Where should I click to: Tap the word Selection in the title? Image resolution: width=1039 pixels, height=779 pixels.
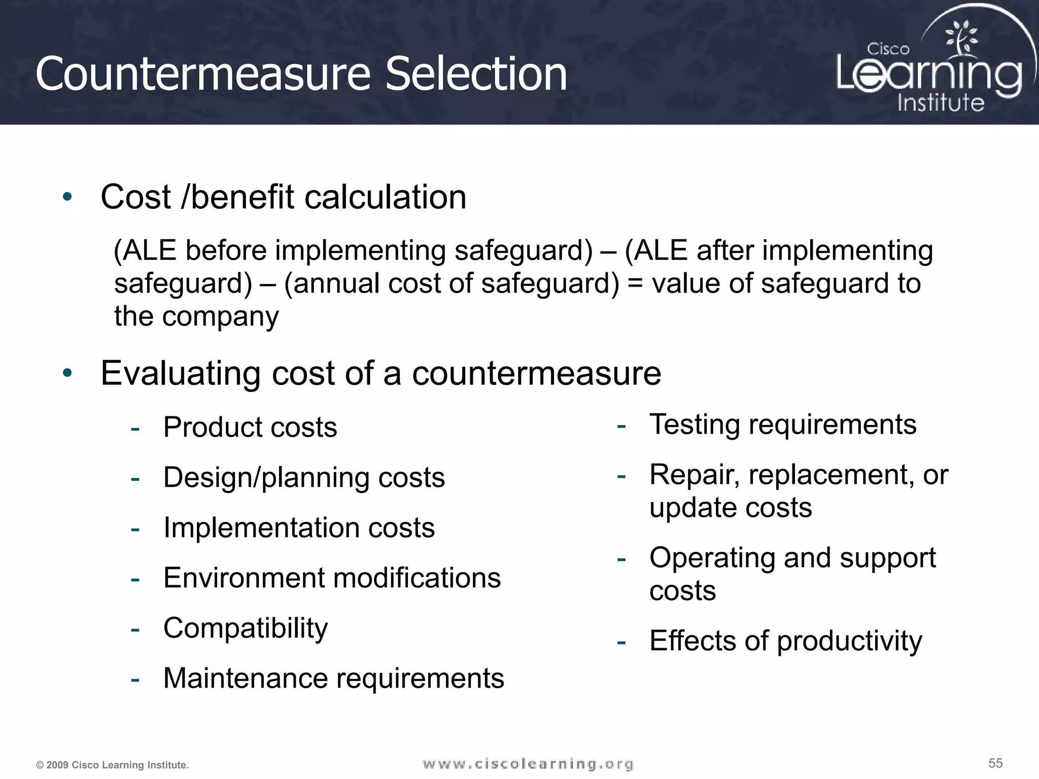475,75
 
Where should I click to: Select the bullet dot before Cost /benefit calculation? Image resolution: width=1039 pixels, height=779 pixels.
67,197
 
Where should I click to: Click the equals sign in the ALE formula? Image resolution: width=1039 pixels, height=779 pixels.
635,283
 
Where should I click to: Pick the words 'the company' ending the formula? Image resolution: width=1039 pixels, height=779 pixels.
196,316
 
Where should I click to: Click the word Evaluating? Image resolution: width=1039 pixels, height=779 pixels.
181,374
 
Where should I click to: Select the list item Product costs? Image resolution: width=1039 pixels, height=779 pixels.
250,427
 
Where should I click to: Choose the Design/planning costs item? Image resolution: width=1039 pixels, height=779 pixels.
304,478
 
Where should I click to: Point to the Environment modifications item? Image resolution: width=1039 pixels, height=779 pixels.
332,578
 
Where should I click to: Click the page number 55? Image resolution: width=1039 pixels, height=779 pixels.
995,763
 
